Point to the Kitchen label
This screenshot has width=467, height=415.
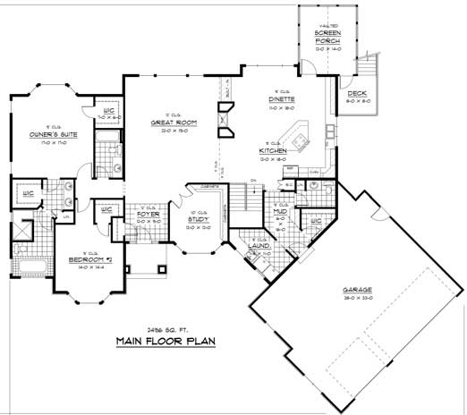pyautogui.click(x=273, y=151)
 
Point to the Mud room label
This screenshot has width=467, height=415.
pyautogui.click(x=279, y=211)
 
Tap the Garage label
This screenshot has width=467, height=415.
pyautogui.click(x=357, y=289)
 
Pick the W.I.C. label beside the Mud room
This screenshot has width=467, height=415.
pyautogui.click(x=314, y=220)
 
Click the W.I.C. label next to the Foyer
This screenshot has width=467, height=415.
pyautogui.click(x=106, y=209)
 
